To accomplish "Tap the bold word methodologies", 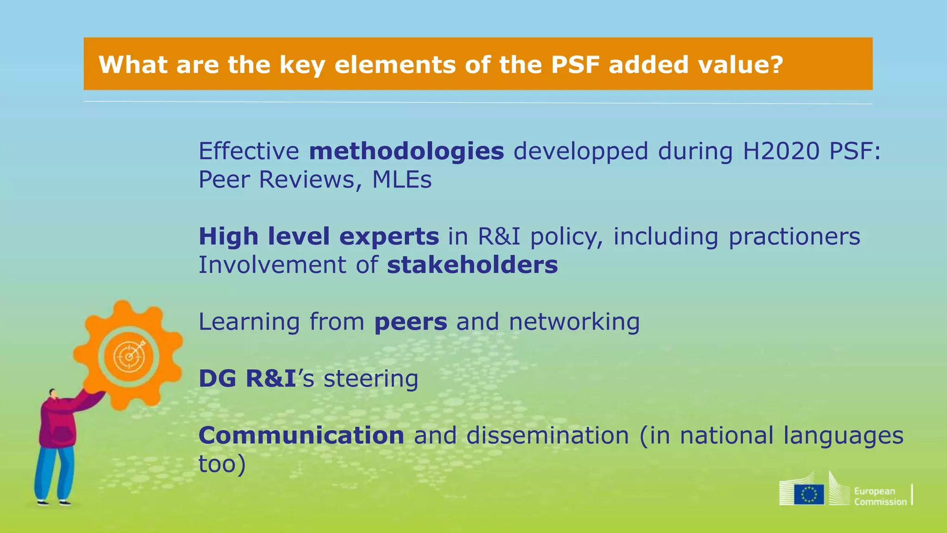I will click(x=406, y=151).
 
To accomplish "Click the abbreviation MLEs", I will click(x=402, y=180).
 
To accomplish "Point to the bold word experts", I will click(x=389, y=237).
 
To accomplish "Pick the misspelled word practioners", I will click(x=794, y=237).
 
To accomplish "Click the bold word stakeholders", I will click(x=472, y=265).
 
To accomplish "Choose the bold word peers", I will click(x=411, y=322).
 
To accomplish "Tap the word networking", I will click(x=574, y=322).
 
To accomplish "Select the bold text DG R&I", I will click(x=247, y=379).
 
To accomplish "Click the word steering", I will click(x=371, y=379).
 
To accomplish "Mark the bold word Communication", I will click(x=301, y=436).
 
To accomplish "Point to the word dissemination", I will click(x=547, y=436).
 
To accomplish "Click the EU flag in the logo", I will click(x=809, y=494).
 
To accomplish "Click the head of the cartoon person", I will click(x=53, y=394).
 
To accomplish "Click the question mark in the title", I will click(x=776, y=64).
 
